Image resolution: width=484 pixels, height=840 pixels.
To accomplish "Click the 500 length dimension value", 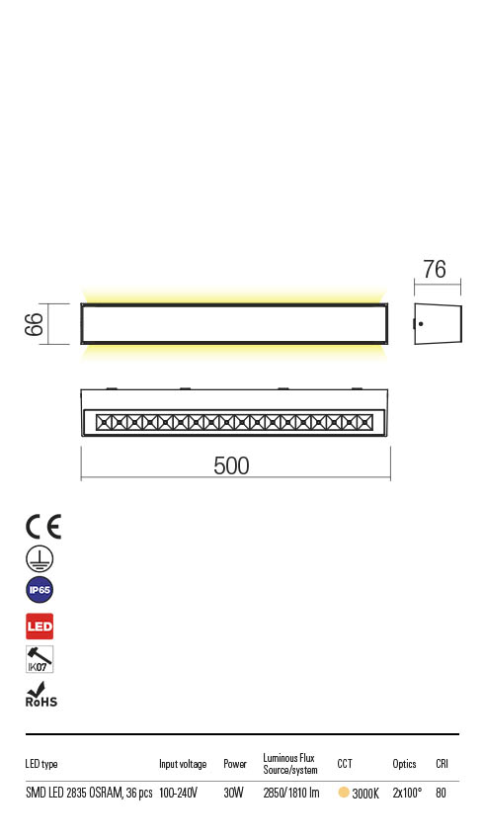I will (232, 465).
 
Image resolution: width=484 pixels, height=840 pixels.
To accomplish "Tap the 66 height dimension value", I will (33, 323).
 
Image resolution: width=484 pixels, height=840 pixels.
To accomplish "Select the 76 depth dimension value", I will (435, 269).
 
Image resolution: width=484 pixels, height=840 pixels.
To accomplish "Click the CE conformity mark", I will (43, 527).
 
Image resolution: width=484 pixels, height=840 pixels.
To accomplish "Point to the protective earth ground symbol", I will (39, 558).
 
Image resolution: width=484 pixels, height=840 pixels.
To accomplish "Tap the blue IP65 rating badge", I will (40, 591).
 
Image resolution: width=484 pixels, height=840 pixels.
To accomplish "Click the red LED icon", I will (40, 627).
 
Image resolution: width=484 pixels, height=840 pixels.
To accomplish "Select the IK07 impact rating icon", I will (40, 659).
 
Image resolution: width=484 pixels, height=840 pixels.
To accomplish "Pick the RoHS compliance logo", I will (40, 695).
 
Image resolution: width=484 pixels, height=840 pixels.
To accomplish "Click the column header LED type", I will (41, 764).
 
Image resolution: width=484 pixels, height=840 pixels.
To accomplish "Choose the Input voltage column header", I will (183, 764).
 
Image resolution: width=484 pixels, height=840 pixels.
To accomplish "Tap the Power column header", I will (235, 764).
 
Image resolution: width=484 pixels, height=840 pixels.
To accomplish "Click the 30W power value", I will (234, 793).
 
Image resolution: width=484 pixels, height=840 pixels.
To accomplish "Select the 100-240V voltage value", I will (179, 793).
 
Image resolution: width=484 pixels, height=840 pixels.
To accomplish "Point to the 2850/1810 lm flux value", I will (291, 793).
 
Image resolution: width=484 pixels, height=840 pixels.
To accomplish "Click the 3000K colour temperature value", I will (365, 794).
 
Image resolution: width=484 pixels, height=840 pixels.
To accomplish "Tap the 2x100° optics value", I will (407, 793).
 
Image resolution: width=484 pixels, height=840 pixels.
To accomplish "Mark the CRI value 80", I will (441, 793).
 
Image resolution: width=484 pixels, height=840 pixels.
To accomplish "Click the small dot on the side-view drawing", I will (420, 323).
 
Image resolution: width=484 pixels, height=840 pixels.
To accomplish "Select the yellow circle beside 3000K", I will (344, 793).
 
